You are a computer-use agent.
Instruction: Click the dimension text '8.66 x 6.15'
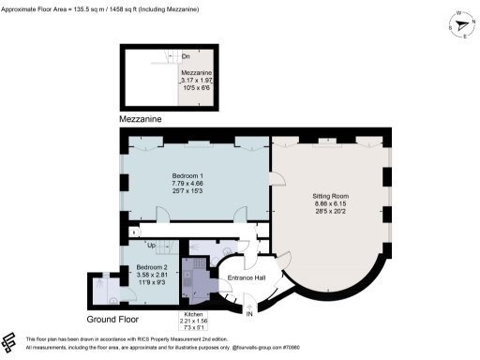click(330, 204)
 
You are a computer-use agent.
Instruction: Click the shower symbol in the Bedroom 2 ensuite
click(105, 282)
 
